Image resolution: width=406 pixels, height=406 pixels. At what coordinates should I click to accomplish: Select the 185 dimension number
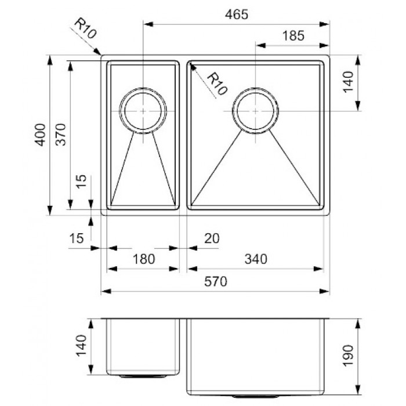(292, 35)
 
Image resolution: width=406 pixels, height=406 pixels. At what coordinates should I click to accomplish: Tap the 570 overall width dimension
(216, 282)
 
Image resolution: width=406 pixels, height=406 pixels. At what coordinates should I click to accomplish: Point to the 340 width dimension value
(256, 259)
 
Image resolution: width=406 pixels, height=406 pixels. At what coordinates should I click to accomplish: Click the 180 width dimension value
(144, 259)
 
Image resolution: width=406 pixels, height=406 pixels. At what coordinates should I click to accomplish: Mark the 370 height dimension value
(62, 135)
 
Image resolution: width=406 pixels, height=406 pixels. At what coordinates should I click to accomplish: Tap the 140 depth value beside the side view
(82, 346)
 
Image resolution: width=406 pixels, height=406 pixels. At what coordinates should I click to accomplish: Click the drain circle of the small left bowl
(143, 110)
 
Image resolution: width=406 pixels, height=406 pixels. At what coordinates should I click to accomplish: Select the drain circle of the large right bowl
(256, 110)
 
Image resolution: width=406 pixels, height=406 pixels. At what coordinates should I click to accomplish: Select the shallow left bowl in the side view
(143, 346)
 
